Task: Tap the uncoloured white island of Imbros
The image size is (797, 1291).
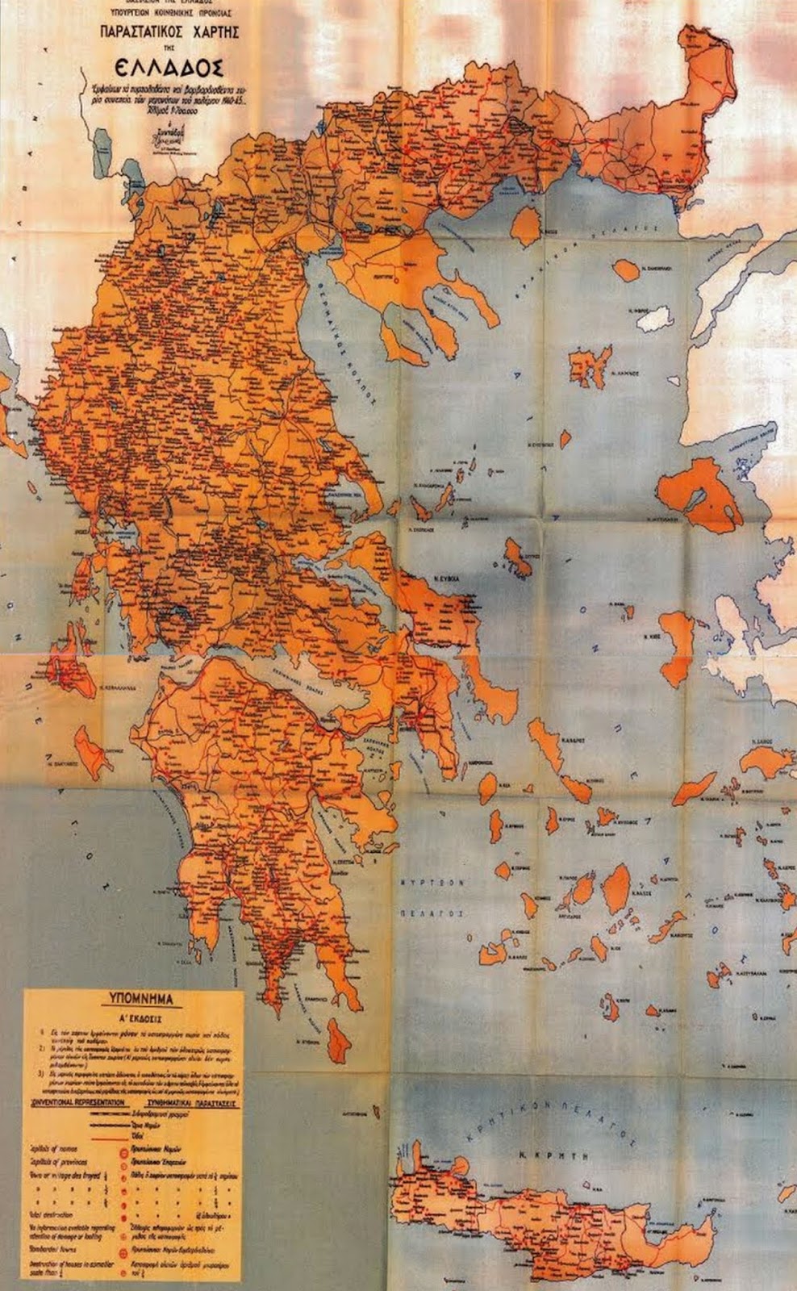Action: click(x=654, y=319)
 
